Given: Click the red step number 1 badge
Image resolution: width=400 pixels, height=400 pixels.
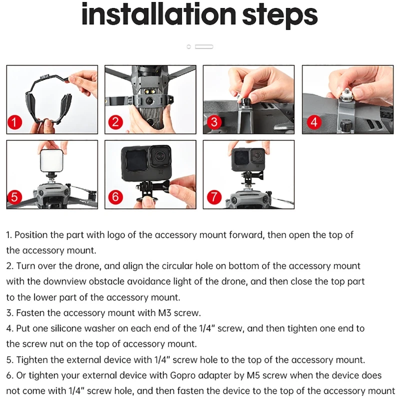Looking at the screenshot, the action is click(x=14, y=122).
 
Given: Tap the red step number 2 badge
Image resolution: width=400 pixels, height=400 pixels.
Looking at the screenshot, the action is click(x=115, y=121).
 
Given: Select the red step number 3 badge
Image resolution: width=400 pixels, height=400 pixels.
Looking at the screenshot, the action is click(x=214, y=122).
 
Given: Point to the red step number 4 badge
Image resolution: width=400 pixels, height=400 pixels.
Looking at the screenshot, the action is click(x=314, y=122).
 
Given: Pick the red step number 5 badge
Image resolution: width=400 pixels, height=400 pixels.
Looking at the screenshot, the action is click(x=14, y=197).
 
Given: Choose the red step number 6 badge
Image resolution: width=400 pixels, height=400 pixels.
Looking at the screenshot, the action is click(x=115, y=197).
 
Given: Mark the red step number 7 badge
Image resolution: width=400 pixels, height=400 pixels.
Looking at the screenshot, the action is click(x=214, y=197).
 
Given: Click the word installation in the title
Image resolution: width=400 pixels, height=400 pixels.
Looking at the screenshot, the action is click(x=158, y=14).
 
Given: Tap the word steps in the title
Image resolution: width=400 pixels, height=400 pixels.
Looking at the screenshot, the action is click(x=279, y=16).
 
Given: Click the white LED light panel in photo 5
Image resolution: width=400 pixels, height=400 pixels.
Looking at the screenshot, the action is click(x=51, y=160).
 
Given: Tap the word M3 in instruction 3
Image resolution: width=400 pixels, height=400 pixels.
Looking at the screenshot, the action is click(x=164, y=313).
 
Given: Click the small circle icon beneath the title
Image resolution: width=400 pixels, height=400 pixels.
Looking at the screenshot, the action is click(x=189, y=46).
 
